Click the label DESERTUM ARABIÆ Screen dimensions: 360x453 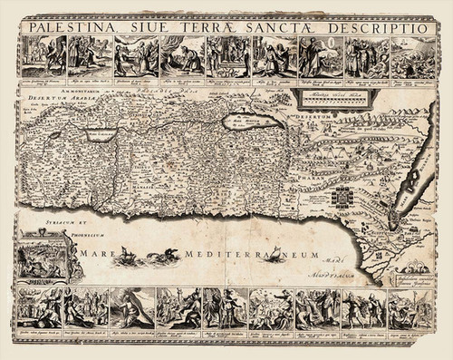click(47, 99)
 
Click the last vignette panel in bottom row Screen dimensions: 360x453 click(412, 313)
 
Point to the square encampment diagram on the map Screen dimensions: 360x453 click(348, 199)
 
